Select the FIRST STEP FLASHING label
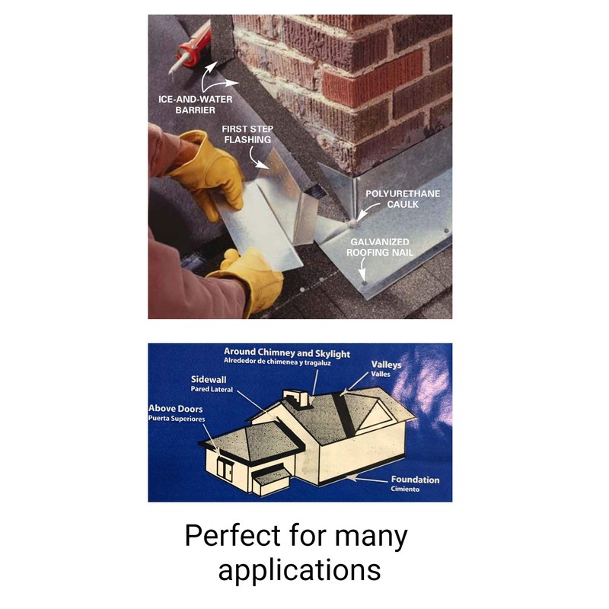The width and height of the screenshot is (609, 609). click(x=247, y=135)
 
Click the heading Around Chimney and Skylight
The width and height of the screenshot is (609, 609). click(x=286, y=353)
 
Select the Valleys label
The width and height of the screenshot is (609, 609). click(x=386, y=365)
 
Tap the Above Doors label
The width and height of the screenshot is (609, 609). click(x=177, y=409)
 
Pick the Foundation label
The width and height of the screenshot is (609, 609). click(x=415, y=480)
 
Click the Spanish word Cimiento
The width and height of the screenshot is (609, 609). click(x=405, y=489)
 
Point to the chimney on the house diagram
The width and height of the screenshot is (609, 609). click(x=294, y=398)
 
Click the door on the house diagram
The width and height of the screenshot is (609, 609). click(x=225, y=467)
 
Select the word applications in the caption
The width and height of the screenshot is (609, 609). click(x=299, y=570)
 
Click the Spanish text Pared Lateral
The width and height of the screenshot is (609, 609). click(x=211, y=389)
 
